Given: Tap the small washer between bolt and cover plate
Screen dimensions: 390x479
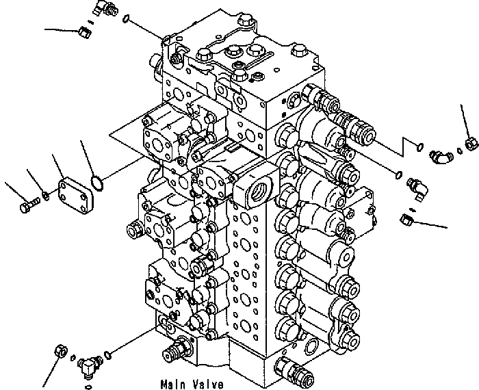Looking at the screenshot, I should pos(44,198).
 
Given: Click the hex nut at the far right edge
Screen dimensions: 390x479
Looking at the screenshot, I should pos(469,143).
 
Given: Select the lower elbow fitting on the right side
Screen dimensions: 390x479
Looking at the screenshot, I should pos(415,187).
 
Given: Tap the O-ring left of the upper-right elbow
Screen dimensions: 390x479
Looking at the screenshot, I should pos(419,145).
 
